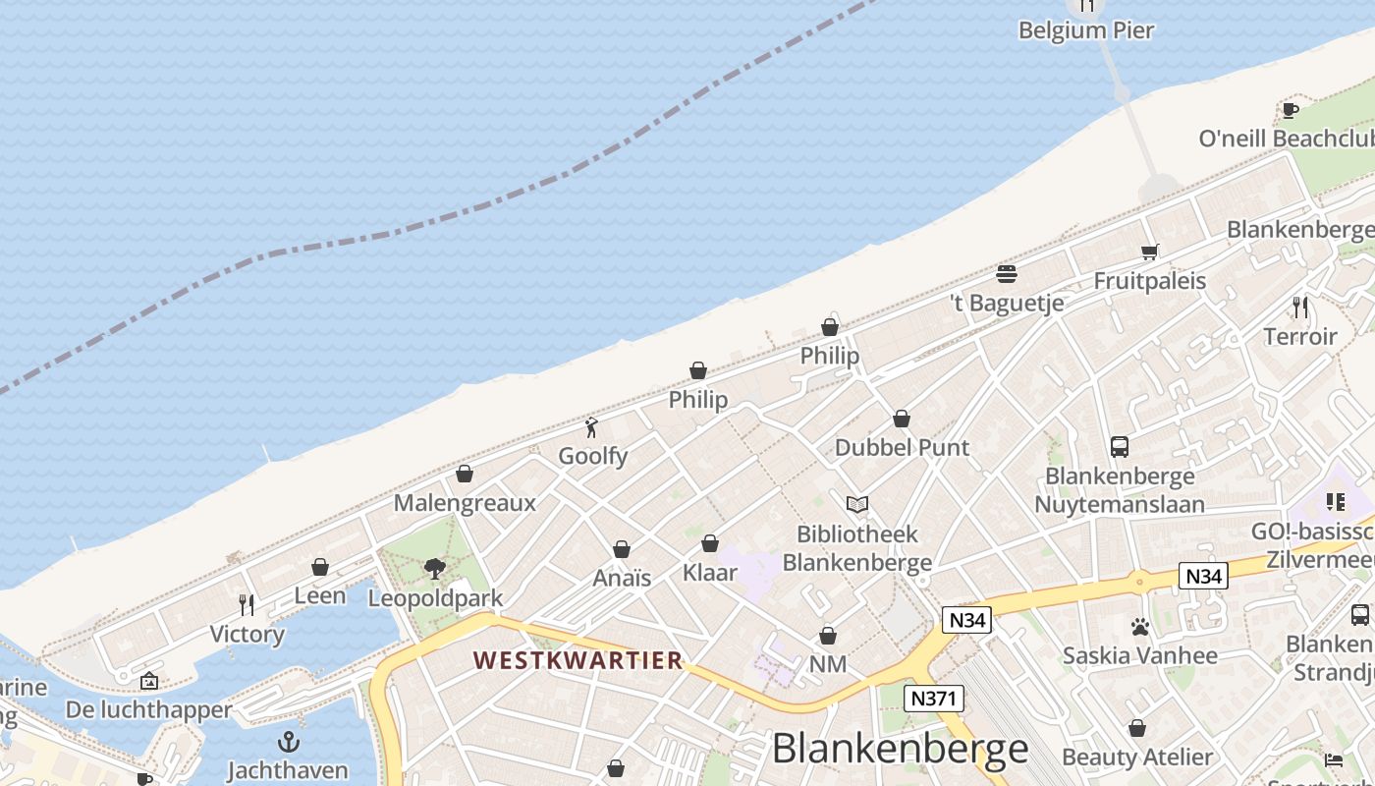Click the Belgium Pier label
[x=1085, y=30]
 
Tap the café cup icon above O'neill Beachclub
[x=1291, y=110]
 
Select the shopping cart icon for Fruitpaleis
[x=1150, y=252]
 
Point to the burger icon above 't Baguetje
[x=1007, y=273]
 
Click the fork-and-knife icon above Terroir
[x=1300, y=308]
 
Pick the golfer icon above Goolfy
[x=591, y=427]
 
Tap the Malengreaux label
[x=465, y=503]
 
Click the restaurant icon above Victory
[x=247, y=604]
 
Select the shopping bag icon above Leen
[x=320, y=567]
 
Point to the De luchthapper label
[x=149, y=709]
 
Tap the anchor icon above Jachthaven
[x=289, y=741]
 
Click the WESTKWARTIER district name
[x=577, y=660]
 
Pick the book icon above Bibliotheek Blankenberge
[x=857, y=504]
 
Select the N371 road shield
[x=934, y=699]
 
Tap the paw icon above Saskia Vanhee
[x=1139, y=626]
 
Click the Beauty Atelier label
[x=1137, y=758]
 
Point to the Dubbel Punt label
[x=902, y=448]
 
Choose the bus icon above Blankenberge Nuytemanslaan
[x=1120, y=447]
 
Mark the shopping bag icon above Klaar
[x=710, y=543]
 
